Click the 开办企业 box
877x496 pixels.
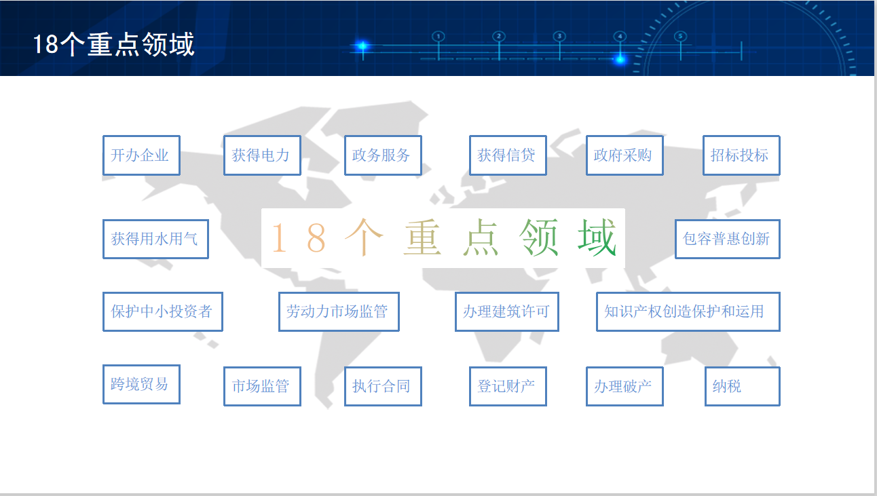tap(141, 155)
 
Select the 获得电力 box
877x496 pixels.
tap(262, 155)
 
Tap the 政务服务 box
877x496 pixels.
tap(383, 155)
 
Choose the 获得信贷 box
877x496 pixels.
tap(508, 155)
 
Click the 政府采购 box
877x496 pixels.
tap(624, 155)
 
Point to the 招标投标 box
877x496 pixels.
tap(741, 155)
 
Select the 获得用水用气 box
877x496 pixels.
tap(155, 240)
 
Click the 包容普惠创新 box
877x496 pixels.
tap(728, 240)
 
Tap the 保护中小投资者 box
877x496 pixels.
tap(163, 311)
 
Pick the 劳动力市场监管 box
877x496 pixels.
tap(339, 311)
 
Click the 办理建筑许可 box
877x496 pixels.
tap(507, 311)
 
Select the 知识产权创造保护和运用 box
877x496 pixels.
tap(688, 311)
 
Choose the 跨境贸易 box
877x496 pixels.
tap(141, 385)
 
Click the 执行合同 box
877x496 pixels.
tap(383, 386)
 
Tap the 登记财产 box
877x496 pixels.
tap(508, 386)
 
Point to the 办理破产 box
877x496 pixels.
tap(624, 386)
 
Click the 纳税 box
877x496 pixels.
tap(743, 386)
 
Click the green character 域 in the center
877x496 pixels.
tap(597, 237)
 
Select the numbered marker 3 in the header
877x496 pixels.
tap(559, 37)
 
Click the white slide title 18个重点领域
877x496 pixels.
tap(113, 44)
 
